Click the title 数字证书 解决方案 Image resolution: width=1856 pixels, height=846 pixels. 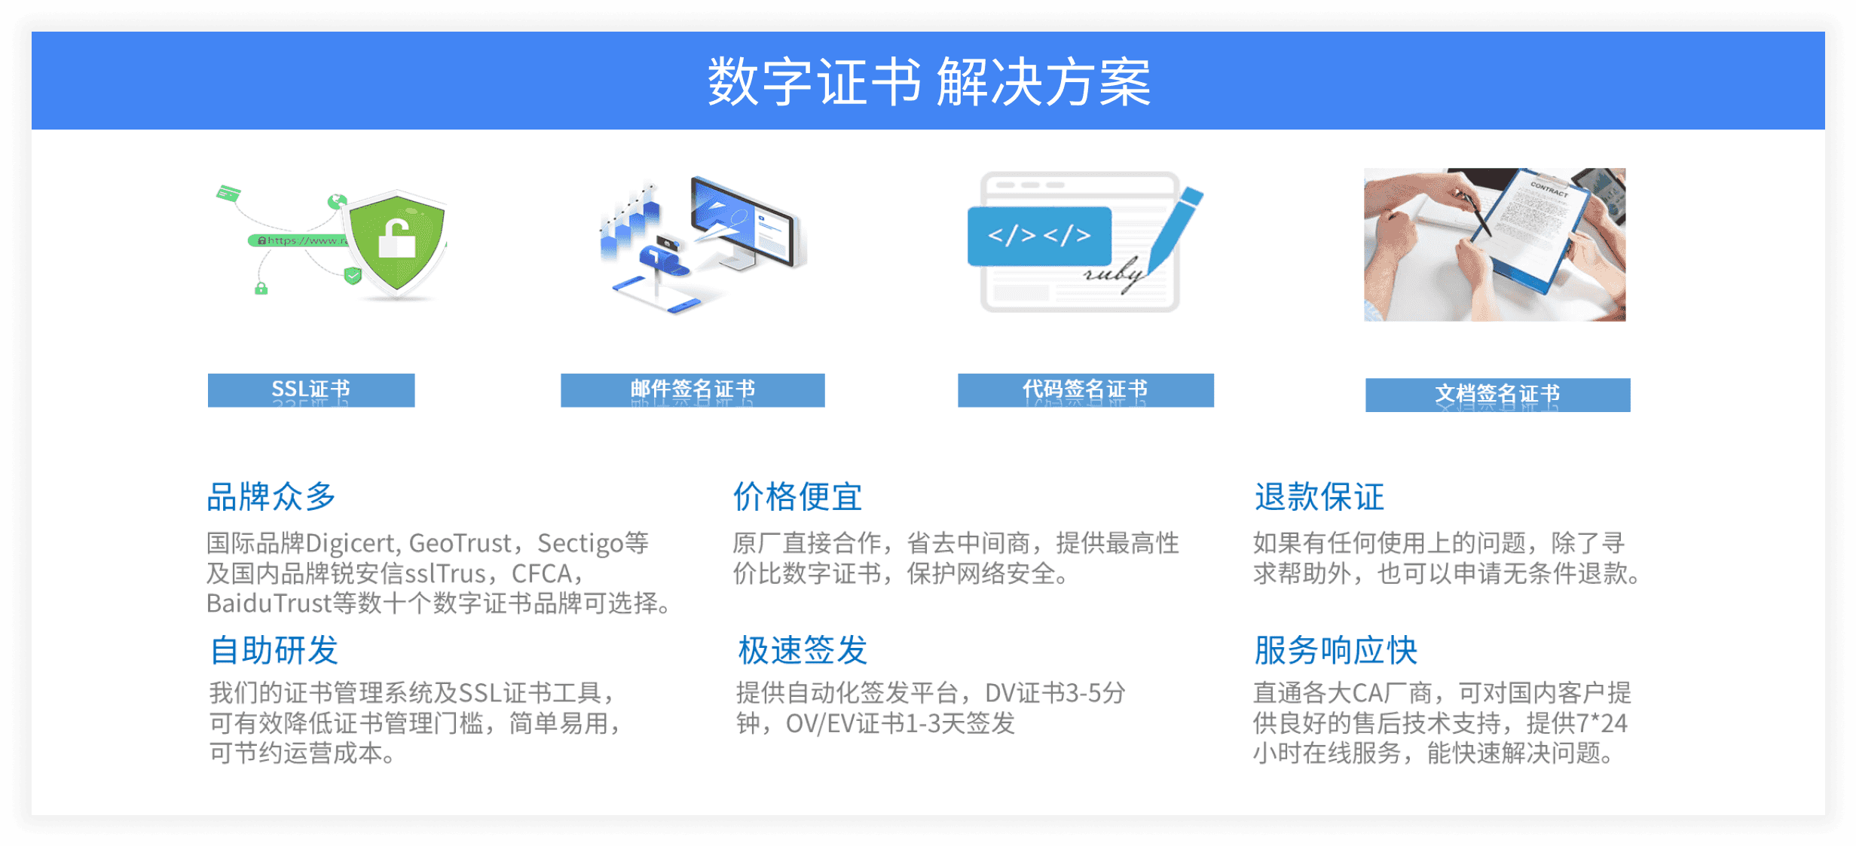click(928, 81)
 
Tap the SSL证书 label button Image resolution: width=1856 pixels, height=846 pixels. click(311, 390)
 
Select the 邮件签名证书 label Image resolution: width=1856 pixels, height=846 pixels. click(693, 390)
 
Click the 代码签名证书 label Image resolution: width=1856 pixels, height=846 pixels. click(1085, 390)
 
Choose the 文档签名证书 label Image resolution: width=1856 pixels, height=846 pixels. click(1497, 395)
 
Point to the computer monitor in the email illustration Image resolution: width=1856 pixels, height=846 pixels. click(746, 222)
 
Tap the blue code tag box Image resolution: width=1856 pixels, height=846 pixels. click(1039, 236)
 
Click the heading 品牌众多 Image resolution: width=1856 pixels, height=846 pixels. click(271, 497)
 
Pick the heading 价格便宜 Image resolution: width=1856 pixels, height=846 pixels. click(797, 497)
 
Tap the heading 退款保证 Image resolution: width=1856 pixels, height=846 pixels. click(1319, 497)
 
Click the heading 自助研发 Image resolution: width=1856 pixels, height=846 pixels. click(274, 650)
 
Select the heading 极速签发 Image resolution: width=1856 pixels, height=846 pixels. click(803, 650)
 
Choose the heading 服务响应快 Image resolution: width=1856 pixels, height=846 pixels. click(1335, 650)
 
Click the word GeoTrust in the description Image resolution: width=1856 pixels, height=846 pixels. click(460, 543)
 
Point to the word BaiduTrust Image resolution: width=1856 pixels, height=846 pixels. click(269, 603)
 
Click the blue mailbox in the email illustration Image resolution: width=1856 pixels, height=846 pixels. click(663, 260)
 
